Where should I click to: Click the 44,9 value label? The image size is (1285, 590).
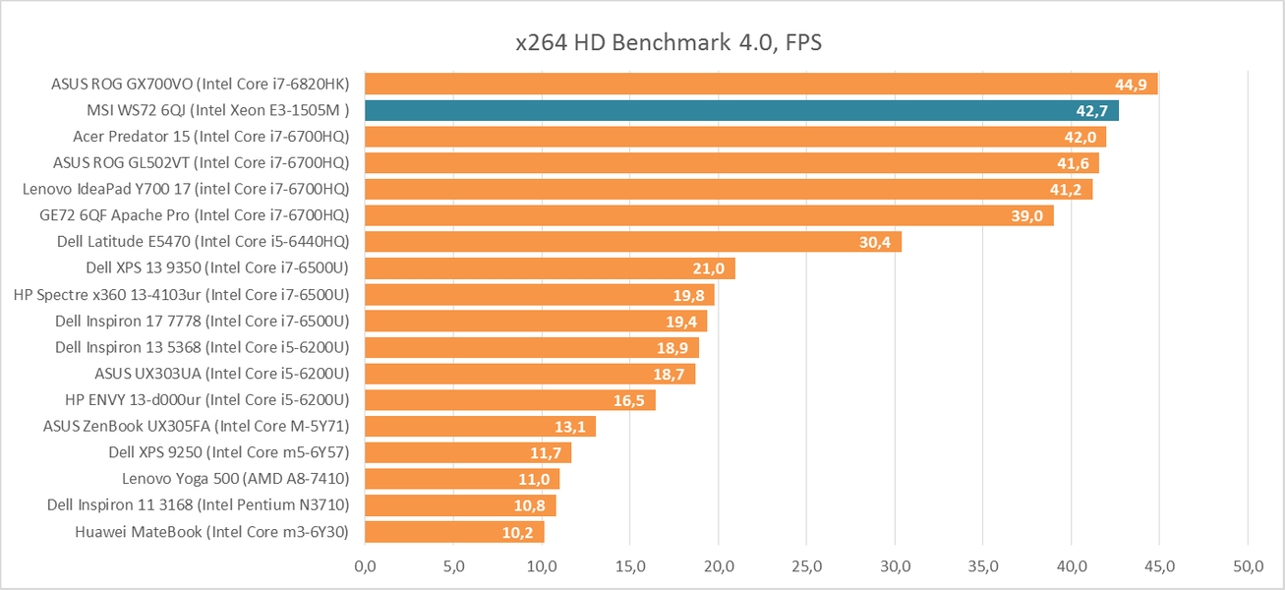pos(1131,85)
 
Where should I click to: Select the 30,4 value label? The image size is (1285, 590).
pos(874,243)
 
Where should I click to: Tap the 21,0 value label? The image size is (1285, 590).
pos(708,268)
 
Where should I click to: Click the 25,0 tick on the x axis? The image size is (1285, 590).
pos(806,566)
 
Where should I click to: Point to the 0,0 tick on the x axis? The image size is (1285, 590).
pos(365,566)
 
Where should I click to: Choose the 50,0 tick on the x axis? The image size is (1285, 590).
pos(1248,566)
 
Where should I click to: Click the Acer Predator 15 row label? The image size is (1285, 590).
pos(211,137)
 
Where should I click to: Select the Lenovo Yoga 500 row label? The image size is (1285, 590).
pos(236,479)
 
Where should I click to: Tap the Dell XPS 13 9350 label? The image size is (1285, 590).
pos(217,267)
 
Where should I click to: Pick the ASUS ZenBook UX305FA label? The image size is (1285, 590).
pos(197,426)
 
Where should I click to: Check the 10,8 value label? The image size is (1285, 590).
pos(531,505)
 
